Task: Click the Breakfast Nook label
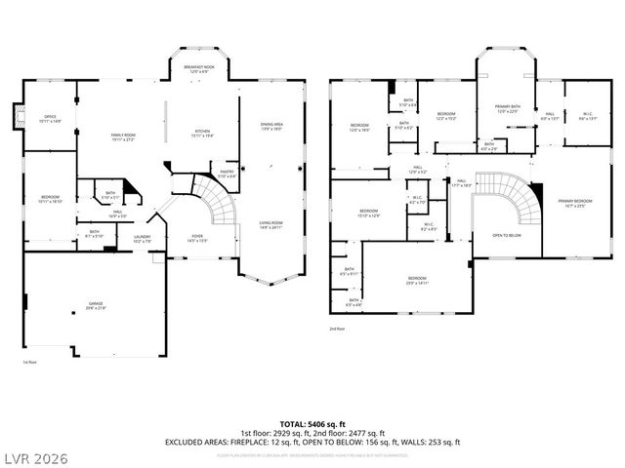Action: [199, 68]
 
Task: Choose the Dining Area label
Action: [271, 127]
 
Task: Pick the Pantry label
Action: [226, 174]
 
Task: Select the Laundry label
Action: [142, 239]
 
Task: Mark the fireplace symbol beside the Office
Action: [16, 118]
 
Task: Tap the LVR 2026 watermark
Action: [37, 455]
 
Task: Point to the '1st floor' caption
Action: [30, 362]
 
